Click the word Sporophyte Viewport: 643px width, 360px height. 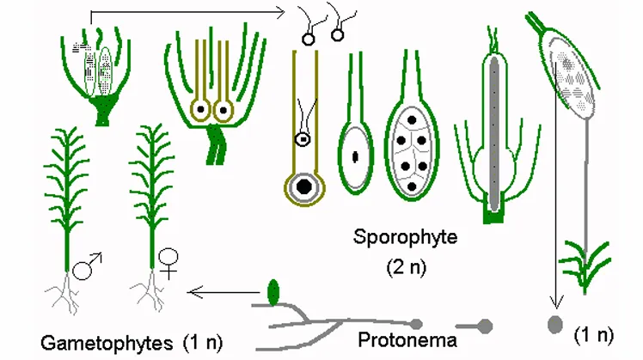405,238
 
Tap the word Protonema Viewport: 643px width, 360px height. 407,340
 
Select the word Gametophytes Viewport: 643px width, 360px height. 107,343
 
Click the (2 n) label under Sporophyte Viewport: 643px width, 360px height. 407,267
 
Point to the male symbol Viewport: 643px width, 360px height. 87,266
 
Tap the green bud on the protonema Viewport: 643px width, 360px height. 273,293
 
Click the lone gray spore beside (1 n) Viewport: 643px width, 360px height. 555,324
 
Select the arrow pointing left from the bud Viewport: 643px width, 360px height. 224,292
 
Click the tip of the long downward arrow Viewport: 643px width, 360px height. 556,308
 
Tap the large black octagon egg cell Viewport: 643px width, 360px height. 303,186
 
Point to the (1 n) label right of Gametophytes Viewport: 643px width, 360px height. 203,343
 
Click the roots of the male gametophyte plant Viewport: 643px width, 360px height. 63,293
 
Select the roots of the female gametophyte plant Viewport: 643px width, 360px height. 150,291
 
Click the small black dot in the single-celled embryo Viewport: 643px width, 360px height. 355,156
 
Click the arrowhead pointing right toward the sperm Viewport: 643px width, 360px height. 279,13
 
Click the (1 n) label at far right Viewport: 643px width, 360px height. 594,335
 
